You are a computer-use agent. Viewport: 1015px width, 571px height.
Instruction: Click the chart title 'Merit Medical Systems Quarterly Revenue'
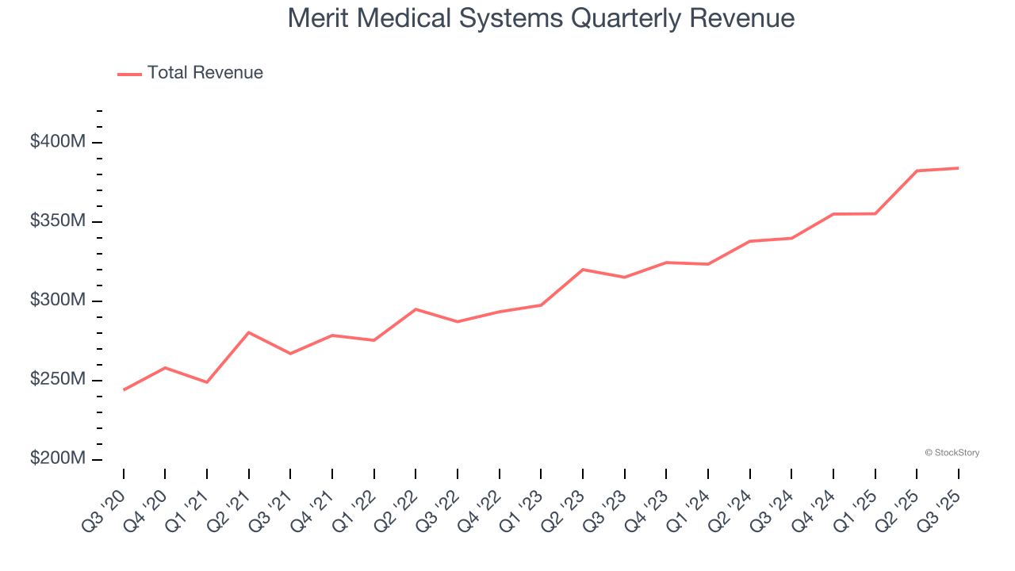point(541,17)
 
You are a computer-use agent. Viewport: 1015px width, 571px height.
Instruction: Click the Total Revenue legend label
point(205,73)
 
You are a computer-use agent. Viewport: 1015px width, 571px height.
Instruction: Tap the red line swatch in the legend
point(129,74)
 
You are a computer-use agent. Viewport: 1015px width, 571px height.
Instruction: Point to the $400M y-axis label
point(57,142)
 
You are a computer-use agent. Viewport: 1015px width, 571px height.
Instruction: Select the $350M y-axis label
point(57,221)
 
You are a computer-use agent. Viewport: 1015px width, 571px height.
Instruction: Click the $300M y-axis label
point(57,301)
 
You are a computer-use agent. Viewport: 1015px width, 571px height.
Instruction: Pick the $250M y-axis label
point(57,380)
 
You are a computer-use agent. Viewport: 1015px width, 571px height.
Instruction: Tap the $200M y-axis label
point(57,459)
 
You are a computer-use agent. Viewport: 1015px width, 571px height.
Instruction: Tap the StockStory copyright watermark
point(952,453)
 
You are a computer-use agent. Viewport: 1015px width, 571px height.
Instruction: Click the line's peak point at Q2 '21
point(249,332)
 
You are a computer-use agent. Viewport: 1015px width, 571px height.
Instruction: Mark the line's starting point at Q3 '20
point(124,389)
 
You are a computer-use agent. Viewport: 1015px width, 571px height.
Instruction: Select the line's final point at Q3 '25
point(959,168)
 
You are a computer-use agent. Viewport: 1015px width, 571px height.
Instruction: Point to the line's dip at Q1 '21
point(207,382)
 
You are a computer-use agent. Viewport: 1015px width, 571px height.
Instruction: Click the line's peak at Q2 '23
point(583,270)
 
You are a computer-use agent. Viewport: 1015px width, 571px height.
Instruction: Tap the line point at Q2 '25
point(917,171)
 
